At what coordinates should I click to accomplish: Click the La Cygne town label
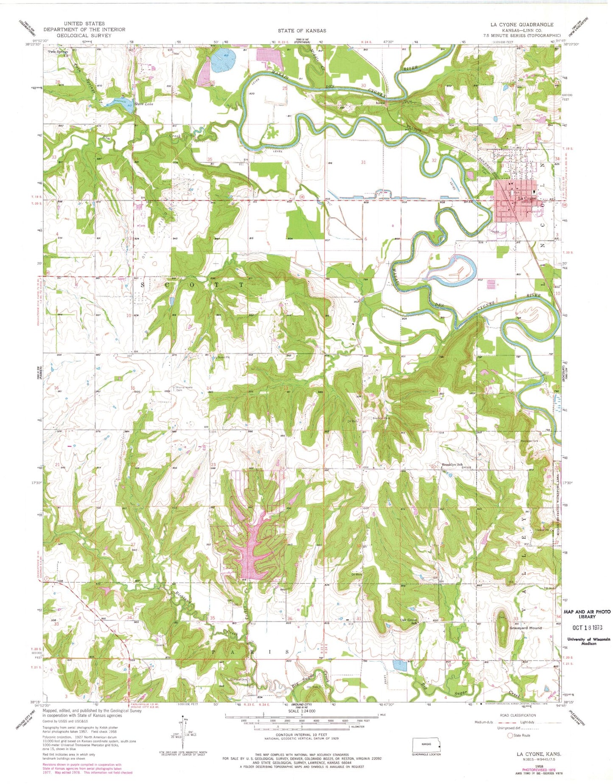(526, 198)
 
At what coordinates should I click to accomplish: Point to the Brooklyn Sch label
(453, 464)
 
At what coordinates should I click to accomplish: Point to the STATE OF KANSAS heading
(302, 31)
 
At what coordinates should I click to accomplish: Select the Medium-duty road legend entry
(486, 722)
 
